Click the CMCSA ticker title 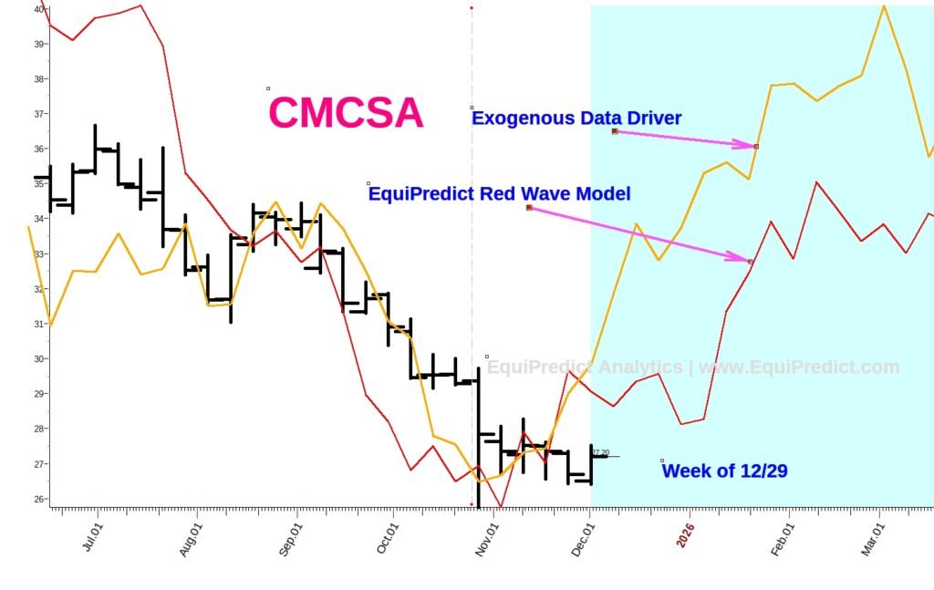coord(346,113)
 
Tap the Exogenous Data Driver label coord(576,118)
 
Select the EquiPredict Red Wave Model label coord(499,194)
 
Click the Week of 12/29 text coord(724,471)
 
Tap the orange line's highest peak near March coord(883,6)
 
